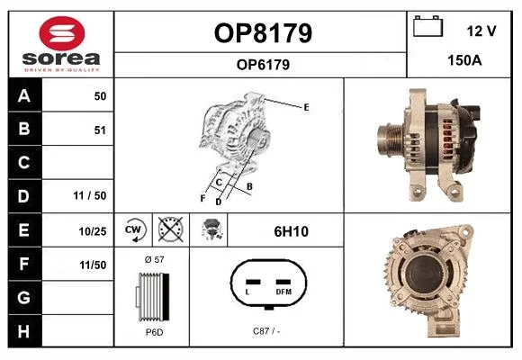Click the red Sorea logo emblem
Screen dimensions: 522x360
click(x=62, y=33)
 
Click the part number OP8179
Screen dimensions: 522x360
click(x=263, y=33)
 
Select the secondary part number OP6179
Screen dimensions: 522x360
click(x=263, y=65)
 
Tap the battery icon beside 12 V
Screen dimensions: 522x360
click(x=428, y=26)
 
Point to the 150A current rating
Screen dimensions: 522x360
click(x=464, y=60)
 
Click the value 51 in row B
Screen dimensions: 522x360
click(x=100, y=130)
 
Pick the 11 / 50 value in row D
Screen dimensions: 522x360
click(x=90, y=195)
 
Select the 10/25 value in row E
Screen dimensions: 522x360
click(x=93, y=231)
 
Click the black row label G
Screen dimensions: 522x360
click(x=24, y=297)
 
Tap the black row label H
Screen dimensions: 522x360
click(x=24, y=331)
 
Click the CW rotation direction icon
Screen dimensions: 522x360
click(x=133, y=229)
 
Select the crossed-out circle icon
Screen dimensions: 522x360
click(x=170, y=229)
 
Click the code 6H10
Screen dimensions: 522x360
click(x=291, y=231)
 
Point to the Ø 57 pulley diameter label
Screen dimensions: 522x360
click(x=154, y=259)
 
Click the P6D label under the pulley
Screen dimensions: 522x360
click(x=154, y=332)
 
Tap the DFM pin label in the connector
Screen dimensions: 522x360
click(x=283, y=292)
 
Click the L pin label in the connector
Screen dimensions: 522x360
click(x=247, y=292)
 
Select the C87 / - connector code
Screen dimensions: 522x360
click(x=266, y=331)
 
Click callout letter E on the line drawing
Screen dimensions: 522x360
click(x=306, y=107)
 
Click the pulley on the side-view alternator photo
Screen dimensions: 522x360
click(x=391, y=140)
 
